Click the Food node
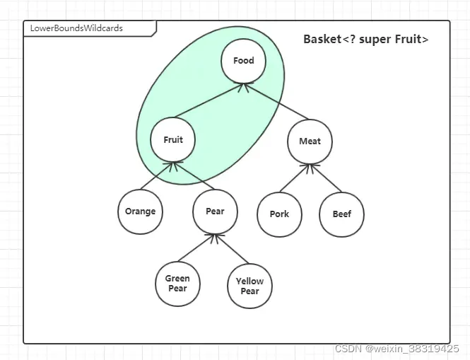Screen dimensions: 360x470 [243, 61]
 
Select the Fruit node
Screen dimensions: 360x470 [172, 139]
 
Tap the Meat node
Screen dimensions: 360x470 [310, 141]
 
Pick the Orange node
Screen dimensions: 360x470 [140, 211]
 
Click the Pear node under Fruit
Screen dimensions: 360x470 [215, 211]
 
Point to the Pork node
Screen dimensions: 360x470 [279, 214]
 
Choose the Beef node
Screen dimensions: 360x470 [342, 214]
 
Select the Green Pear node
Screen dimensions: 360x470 [177, 283]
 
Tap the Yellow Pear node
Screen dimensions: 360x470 [249, 286]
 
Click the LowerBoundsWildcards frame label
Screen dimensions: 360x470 [76, 28]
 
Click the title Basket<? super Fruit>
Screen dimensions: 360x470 [365, 39]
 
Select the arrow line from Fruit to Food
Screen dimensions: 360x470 [208, 100]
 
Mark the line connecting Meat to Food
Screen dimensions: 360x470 [277, 101]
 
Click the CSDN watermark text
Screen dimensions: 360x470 [396, 349]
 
